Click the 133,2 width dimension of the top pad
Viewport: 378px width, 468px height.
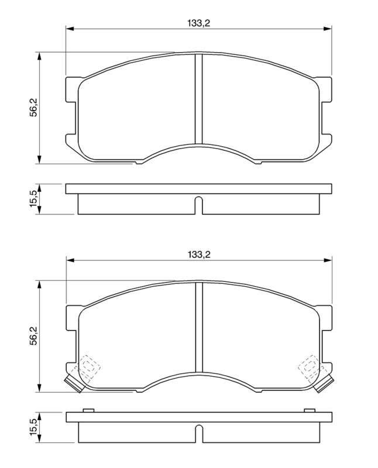coord(198,23)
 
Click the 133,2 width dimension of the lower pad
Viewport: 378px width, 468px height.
coord(199,254)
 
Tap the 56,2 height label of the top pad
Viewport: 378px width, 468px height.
coord(34,108)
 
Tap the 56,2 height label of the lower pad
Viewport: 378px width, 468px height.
coord(34,336)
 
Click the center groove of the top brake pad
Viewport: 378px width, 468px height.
coord(198,99)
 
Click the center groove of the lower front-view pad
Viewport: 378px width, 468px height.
coord(199,328)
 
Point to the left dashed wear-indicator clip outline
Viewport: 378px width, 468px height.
coord(87,368)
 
